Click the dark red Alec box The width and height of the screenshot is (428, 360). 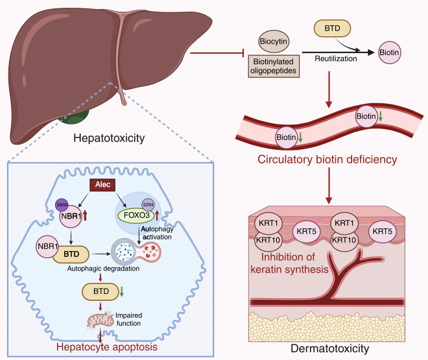[x=102, y=185]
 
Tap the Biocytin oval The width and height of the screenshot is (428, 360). [x=274, y=42]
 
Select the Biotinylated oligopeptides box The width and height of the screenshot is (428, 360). [x=274, y=66]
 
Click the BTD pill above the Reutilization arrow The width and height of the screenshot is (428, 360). [x=332, y=29]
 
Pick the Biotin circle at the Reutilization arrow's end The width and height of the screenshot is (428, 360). [x=390, y=53]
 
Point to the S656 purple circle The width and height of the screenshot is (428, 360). [x=62, y=205]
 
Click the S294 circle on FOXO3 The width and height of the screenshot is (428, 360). [x=149, y=205]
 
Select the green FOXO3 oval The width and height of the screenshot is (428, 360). [x=136, y=216]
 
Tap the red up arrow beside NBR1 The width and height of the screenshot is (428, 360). [x=85, y=215]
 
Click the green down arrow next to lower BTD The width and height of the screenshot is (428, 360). [x=122, y=291]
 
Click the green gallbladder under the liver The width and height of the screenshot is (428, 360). [x=75, y=117]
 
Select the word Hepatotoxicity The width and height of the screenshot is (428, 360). [x=109, y=138]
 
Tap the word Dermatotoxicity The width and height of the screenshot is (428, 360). [x=329, y=348]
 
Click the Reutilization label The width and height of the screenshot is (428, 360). [x=336, y=58]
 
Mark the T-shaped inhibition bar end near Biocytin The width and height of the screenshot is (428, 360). [x=243, y=53]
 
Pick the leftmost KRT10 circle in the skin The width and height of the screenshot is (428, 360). [x=268, y=241]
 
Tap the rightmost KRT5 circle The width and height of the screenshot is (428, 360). [x=382, y=232]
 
